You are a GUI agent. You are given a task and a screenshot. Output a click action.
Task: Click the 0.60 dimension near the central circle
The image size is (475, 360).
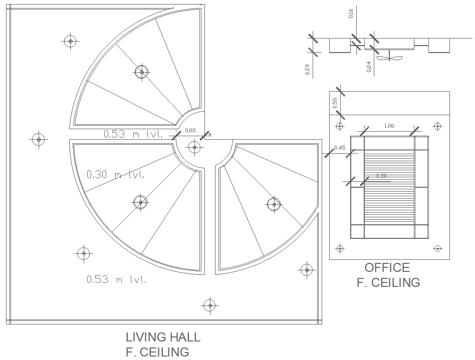tap(190, 130)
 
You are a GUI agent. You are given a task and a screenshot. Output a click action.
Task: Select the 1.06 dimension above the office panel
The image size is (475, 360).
tap(389, 126)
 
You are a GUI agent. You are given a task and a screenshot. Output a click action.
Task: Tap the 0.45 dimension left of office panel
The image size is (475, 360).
tap(340, 147)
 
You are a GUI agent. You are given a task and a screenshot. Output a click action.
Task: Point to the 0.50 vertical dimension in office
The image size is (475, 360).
tap(335, 103)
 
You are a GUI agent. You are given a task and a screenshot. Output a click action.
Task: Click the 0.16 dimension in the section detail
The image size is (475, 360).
tap(350, 14)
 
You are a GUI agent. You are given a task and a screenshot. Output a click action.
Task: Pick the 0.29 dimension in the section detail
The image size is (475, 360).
tap(307, 69)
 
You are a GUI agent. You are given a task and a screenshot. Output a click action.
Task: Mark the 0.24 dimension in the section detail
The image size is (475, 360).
tap(369, 68)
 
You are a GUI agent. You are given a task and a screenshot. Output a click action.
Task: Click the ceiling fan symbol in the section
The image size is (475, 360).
tap(389, 58)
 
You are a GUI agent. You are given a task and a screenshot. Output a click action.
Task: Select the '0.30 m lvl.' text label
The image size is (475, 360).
tap(116, 175)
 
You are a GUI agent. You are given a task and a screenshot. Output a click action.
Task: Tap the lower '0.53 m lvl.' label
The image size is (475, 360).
tap(116, 279)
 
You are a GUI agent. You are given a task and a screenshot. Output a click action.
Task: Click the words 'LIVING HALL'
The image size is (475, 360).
tap(163, 337)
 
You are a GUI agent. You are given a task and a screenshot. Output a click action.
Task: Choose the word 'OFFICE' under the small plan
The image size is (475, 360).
tap(387, 268)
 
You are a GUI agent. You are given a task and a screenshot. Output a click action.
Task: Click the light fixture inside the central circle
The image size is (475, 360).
tap(194, 147)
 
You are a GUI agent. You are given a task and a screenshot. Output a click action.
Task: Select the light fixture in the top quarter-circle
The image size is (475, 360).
tap(142, 72)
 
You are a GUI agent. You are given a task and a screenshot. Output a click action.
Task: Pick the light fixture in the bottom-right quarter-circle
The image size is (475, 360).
tap(274, 204)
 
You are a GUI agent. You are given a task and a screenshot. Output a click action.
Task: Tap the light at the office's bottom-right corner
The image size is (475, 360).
tap(438, 248)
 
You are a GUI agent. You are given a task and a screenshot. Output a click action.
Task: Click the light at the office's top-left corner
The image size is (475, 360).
tap(340, 126)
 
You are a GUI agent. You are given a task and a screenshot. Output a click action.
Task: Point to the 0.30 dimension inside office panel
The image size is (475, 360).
tap(381, 176)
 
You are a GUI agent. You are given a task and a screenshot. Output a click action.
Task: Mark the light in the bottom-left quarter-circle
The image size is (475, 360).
tap(140, 203)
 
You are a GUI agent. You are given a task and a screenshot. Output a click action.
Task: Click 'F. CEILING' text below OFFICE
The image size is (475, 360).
tap(388, 283)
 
